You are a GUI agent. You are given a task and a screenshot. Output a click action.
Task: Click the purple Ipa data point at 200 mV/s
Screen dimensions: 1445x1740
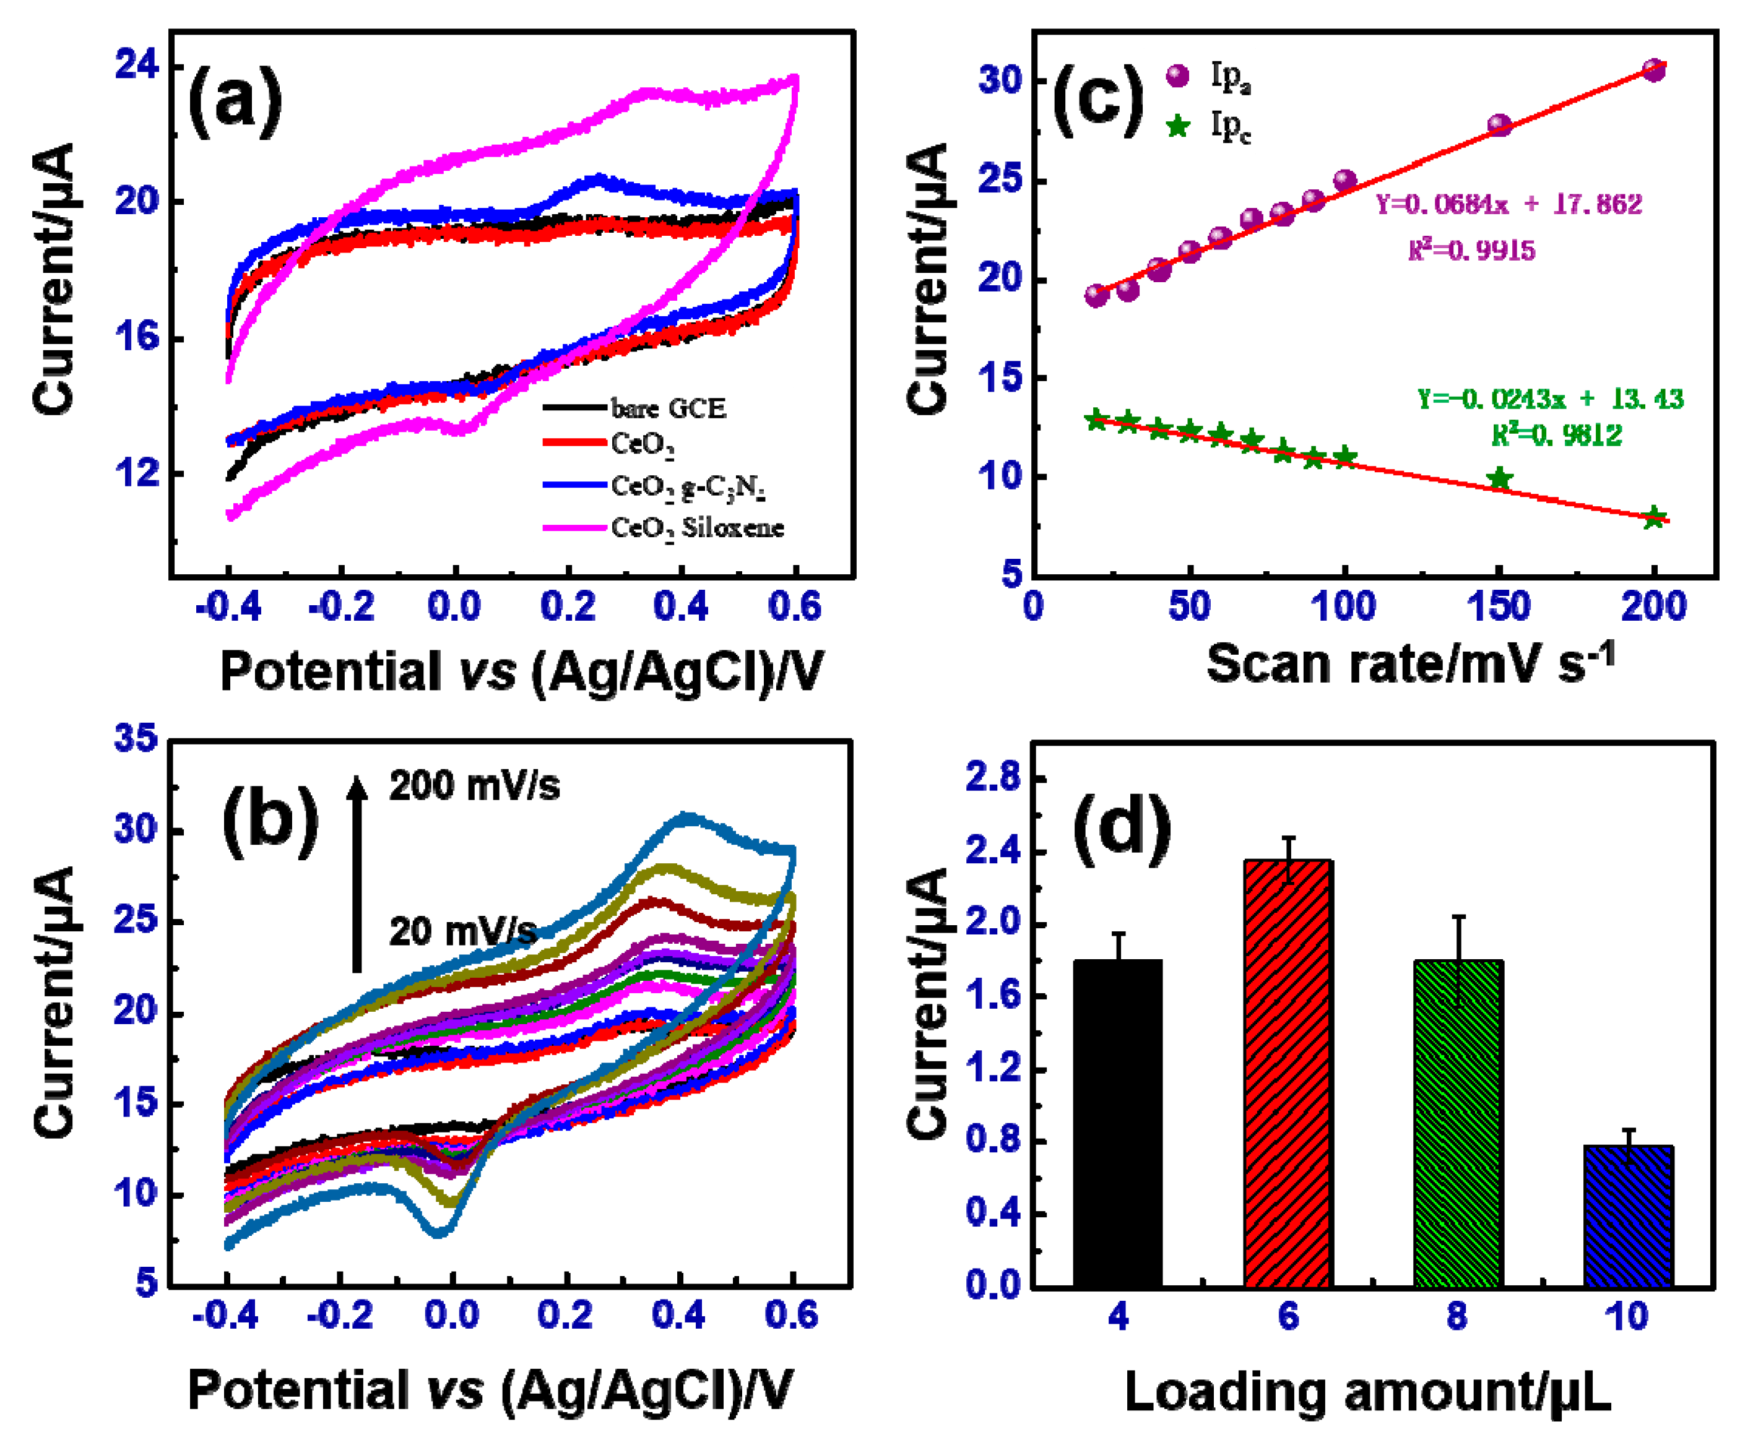pyautogui.click(x=1654, y=71)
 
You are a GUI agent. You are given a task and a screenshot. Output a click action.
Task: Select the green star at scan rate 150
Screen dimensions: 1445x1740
pyautogui.click(x=1499, y=478)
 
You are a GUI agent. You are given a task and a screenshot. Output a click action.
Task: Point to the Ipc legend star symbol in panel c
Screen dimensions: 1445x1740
pyautogui.click(x=1177, y=126)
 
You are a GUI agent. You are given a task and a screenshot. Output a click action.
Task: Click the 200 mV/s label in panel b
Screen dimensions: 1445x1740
pyautogui.click(x=474, y=785)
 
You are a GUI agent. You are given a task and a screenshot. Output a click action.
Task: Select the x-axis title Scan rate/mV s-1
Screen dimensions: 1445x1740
pyautogui.click(x=1410, y=663)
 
